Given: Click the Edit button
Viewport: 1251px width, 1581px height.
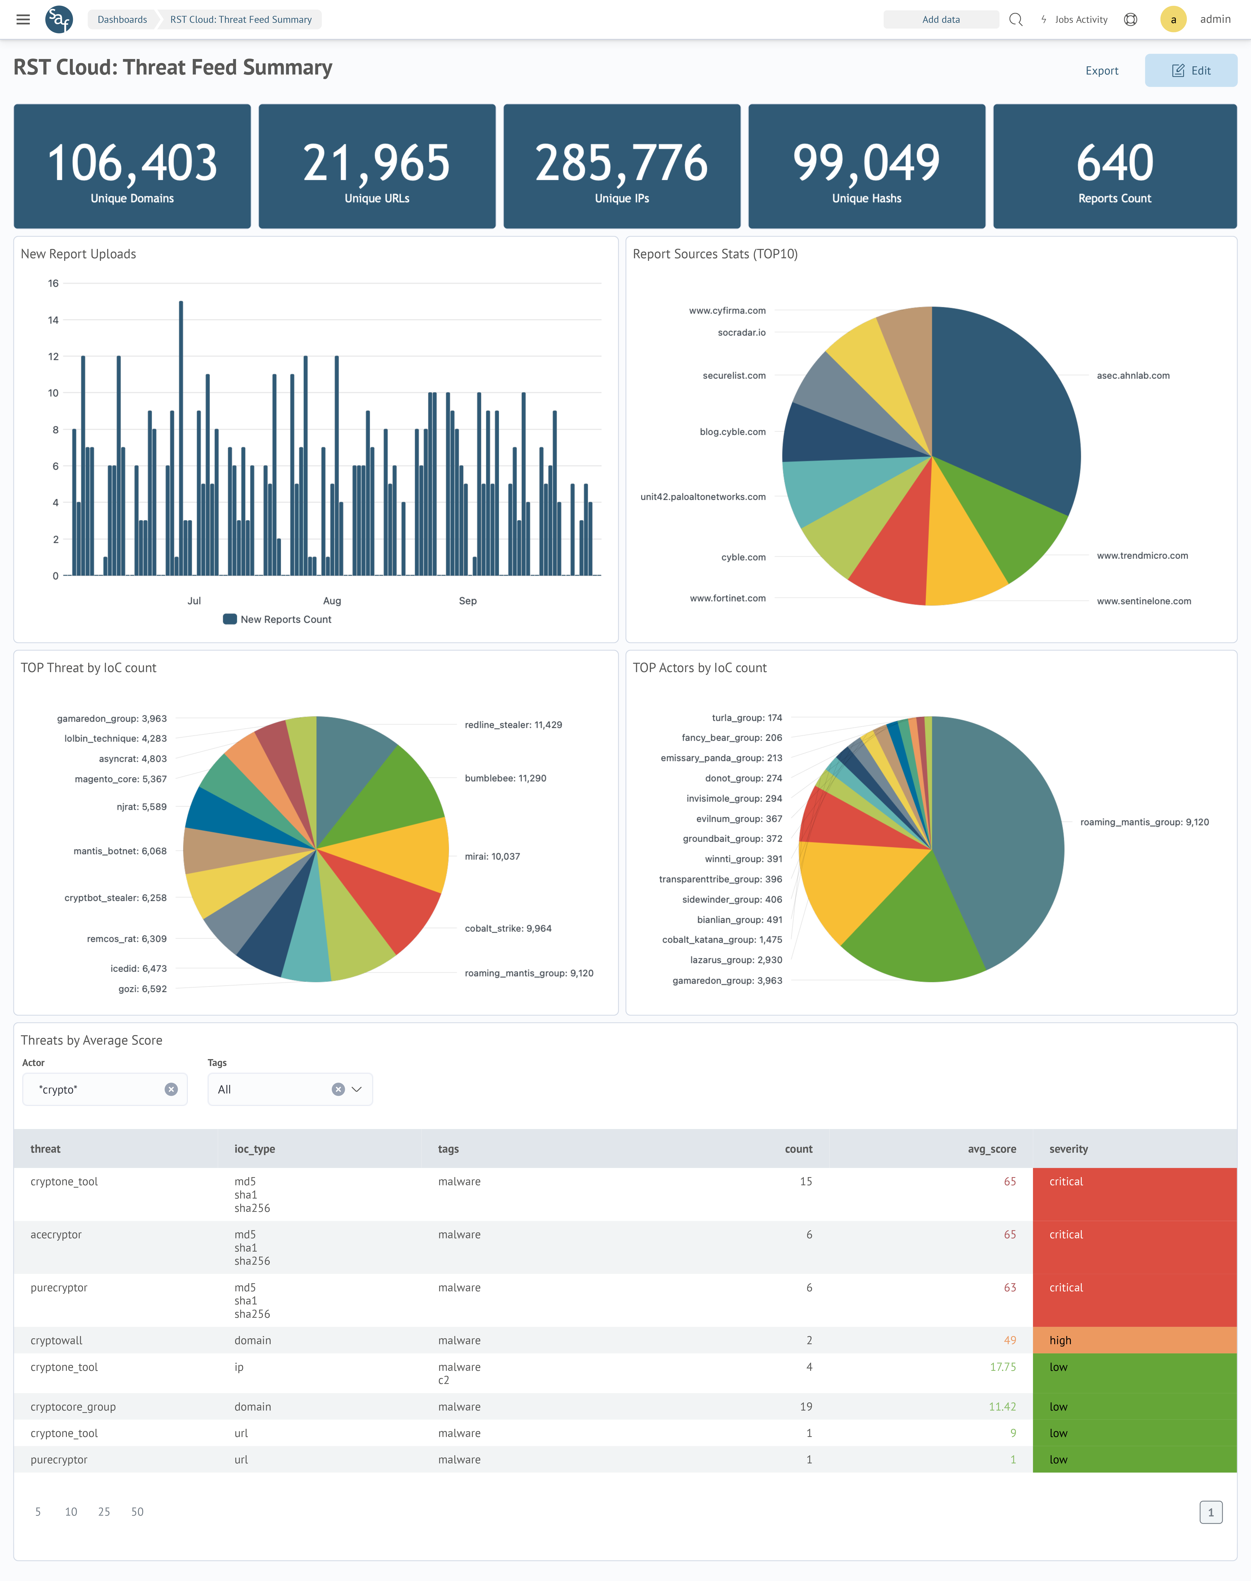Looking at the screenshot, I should click(1191, 70).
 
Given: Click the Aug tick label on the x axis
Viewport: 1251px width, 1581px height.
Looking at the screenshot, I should click(332, 601).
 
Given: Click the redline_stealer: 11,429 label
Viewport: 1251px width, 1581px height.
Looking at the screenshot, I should click(513, 725).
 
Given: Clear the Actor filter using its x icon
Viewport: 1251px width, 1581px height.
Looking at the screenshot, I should click(171, 1089).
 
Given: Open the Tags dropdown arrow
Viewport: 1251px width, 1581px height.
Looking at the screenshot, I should click(357, 1089).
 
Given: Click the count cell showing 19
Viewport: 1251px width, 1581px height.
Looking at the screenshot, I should click(806, 1407).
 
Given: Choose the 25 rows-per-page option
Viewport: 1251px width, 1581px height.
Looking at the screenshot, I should click(104, 1511).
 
